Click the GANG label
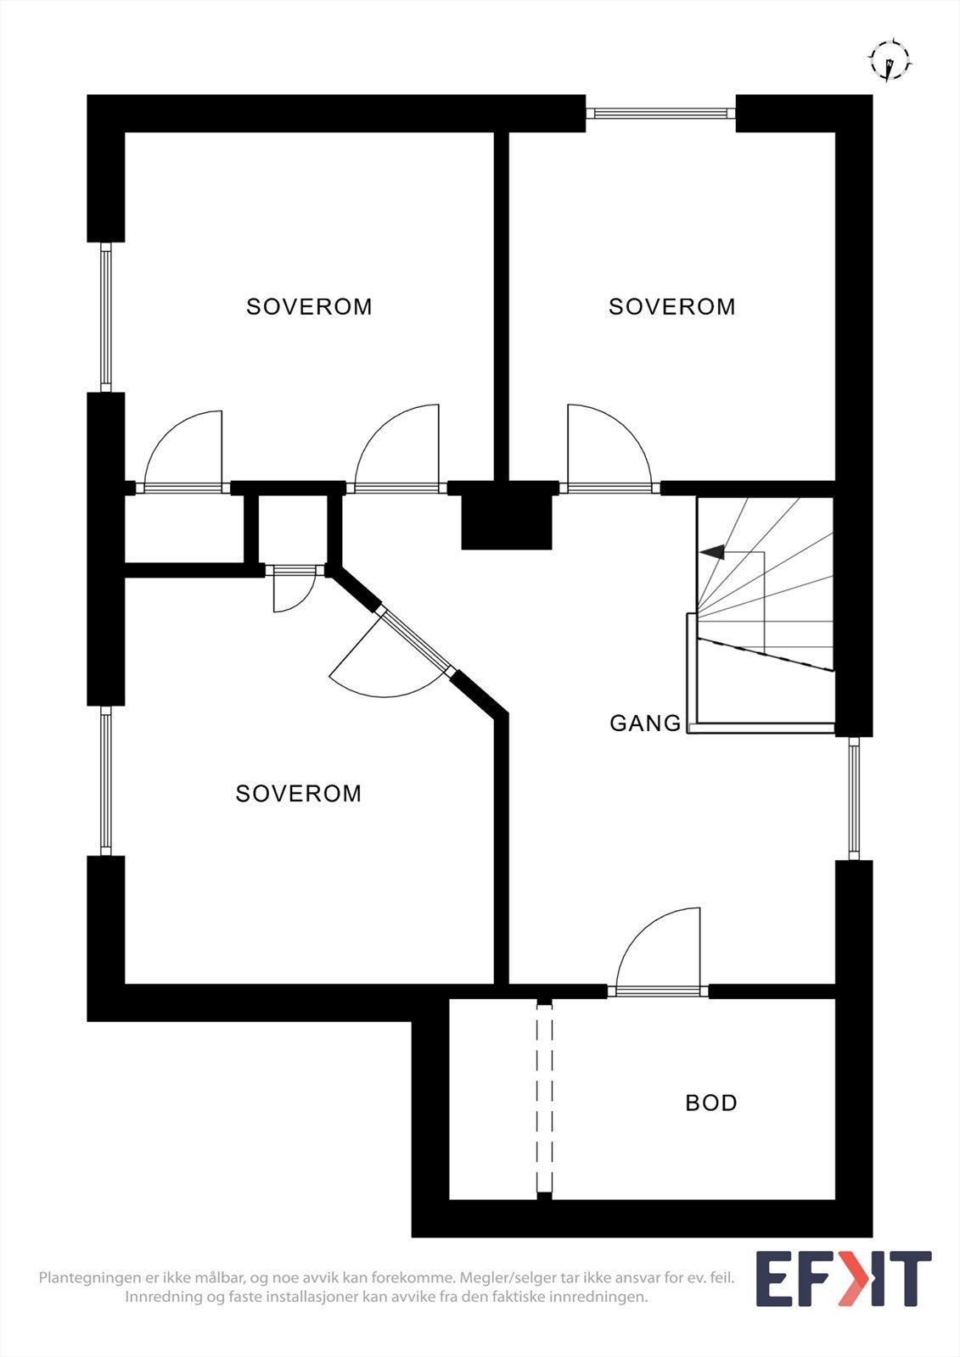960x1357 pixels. point(645,723)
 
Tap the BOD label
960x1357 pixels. point(710,1103)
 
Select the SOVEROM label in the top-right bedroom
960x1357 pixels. point(671,306)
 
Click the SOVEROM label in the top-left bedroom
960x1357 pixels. point(309,306)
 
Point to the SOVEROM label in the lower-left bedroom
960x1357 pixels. point(298,793)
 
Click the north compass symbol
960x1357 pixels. point(889,61)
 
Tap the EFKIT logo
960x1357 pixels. point(843,1278)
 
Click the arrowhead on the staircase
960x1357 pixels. point(712,552)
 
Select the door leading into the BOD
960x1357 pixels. point(659,990)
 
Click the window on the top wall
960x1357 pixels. point(660,113)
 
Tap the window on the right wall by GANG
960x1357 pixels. point(854,798)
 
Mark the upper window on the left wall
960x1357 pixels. point(106,317)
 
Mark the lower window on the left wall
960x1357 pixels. point(106,781)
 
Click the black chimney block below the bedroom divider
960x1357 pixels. point(507,515)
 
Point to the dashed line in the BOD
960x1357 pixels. point(544,1099)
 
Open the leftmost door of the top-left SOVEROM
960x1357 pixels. point(183,487)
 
